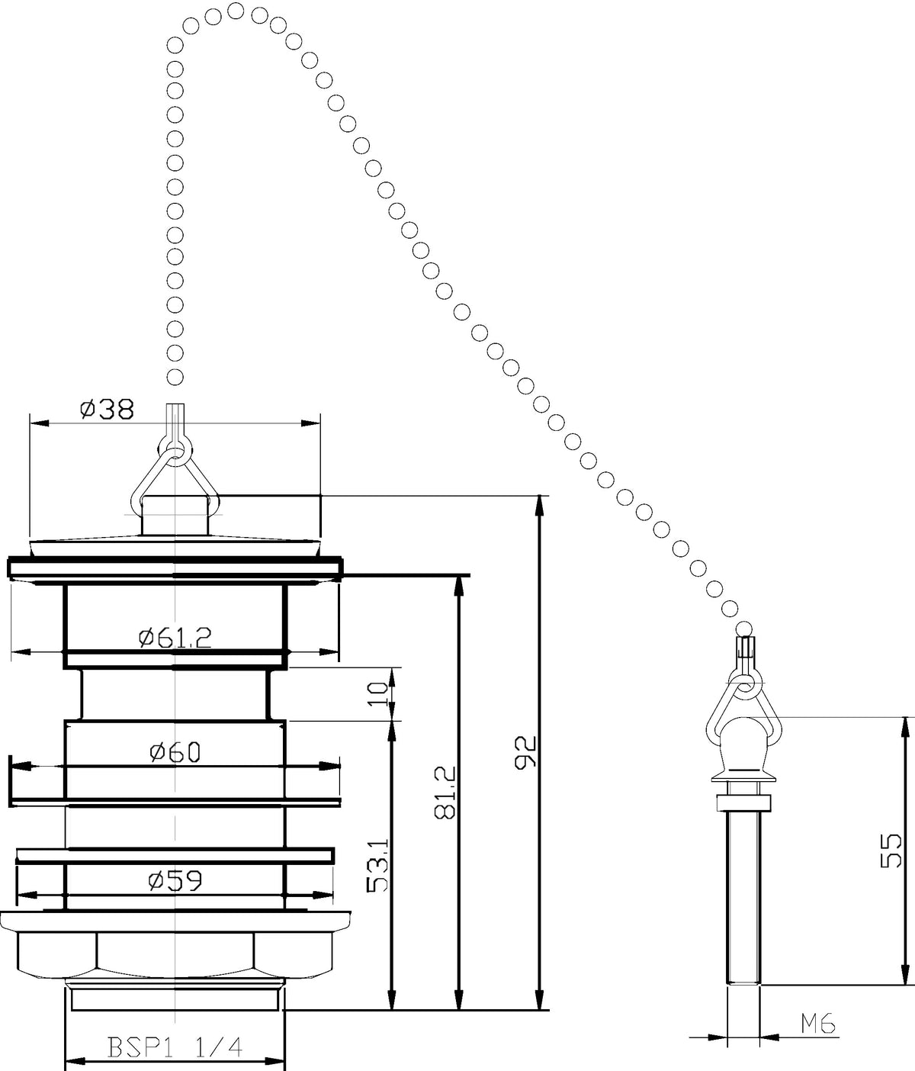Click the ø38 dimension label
pyautogui.click(x=108, y=410)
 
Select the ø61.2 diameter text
pyautogui.click(x=175, y=638)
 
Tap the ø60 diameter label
pyautogui.click(x=175, y=752)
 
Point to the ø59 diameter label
pyautogui.click(x=175, y=880)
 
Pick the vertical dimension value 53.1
pyautogui.click(x=377, y=866)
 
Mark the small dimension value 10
pyautogui.click(x=377, y=694)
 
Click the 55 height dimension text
pyautogui.click(x=891, y=851)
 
